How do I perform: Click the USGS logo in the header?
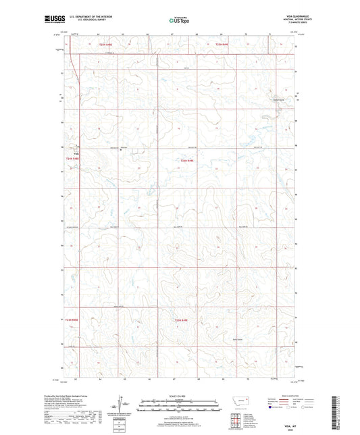pos(53,20)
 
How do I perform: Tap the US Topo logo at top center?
pos(179,20)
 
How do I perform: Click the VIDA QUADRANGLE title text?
pos(297,16)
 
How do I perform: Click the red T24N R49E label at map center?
pos(187,159)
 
